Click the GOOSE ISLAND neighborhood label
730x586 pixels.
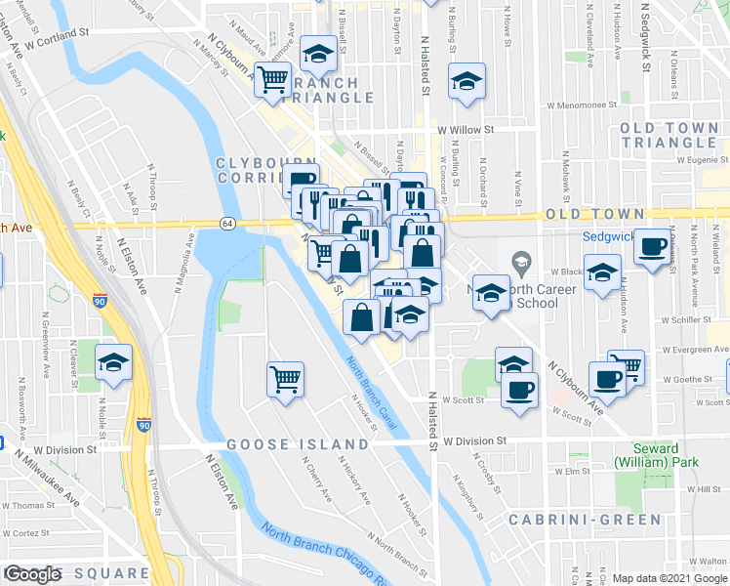(x=299, y=444)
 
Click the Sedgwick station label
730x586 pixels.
(x=609, y=235)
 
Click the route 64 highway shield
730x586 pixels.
(x=225, y=223)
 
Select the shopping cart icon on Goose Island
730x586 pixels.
(x=285, y=377)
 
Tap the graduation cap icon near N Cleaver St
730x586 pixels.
(x=113, y=362)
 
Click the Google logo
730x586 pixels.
(x=34, y=574)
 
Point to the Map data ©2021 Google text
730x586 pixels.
(x=670, y=578)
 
